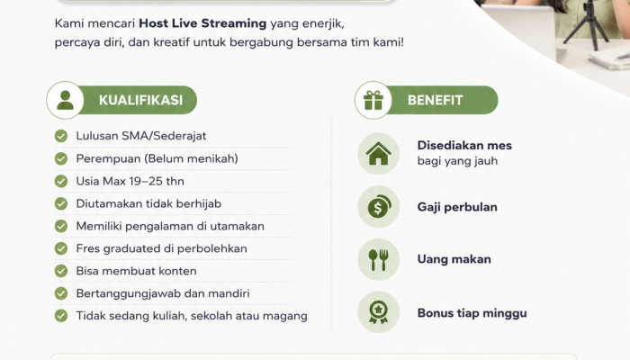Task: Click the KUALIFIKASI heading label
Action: point(140,100)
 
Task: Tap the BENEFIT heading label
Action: point(435,100)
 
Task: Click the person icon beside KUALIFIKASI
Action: point(65,100)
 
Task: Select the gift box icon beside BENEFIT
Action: point(373,100)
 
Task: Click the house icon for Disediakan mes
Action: point(379,154)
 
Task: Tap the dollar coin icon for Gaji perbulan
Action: point(379,206)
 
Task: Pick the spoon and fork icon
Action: point(379,259)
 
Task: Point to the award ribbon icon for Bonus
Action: point(379,312)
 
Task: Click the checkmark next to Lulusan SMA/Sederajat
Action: point(61,136)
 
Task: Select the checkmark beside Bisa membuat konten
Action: point(61,271)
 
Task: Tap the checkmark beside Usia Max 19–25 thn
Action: point(61,181)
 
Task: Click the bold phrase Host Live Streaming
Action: point(202,23)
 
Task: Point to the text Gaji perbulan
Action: point(457,207)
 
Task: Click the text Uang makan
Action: point(454,259)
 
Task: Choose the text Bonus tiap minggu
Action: point(472,313)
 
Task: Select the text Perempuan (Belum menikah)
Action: point(157,158)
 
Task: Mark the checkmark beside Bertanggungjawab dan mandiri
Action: point(61,293)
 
